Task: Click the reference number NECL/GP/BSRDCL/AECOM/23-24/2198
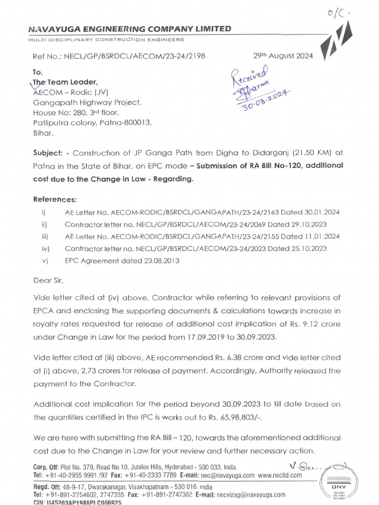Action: [132, 56]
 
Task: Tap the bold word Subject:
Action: [48, 153]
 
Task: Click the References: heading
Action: [55, 199]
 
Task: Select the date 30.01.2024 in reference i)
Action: [321, 212]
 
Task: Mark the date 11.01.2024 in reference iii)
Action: [321, 236]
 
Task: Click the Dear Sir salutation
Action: [48, 280]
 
